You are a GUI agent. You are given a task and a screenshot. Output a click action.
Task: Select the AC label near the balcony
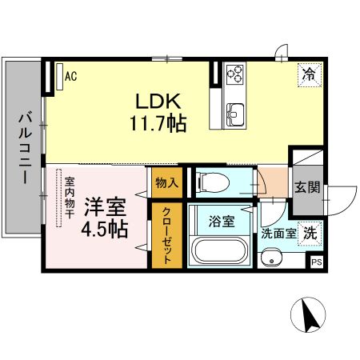70,77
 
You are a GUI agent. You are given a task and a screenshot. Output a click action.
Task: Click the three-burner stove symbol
234,74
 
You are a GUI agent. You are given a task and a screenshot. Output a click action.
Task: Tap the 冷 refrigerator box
309,74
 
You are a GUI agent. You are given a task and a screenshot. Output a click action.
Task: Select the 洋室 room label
105,207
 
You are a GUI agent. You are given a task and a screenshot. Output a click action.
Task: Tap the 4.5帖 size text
105,230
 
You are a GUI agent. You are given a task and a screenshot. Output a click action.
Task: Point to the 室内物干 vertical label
70,197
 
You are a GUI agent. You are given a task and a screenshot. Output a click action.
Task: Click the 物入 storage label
166,183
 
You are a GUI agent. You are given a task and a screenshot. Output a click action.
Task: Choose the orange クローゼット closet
167,236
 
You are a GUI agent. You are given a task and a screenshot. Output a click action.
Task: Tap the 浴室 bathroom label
222,222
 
